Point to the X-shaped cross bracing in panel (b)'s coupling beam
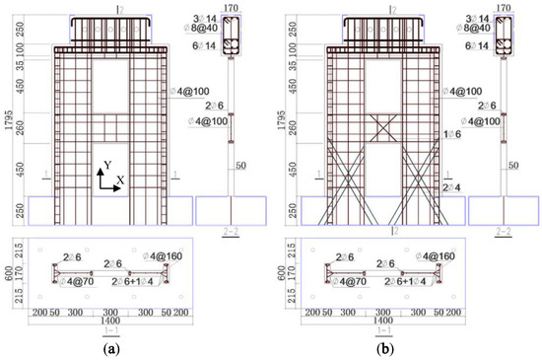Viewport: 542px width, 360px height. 384,128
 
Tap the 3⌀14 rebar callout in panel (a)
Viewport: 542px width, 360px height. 206,18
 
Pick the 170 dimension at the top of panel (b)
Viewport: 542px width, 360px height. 504,6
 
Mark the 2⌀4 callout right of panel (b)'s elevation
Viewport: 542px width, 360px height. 451,186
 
